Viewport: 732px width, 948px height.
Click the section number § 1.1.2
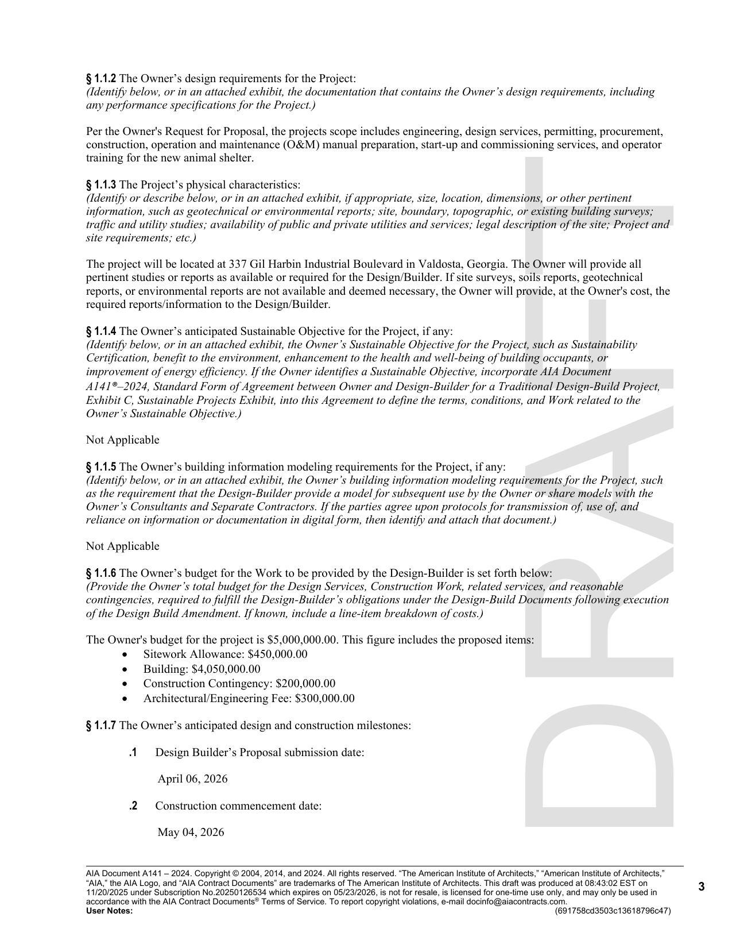click(101, 79)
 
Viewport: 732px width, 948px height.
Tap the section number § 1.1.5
click(101, 467)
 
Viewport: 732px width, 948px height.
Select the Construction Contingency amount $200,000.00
click(305, 684)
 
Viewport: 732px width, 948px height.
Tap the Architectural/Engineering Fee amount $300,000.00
click(324, 699)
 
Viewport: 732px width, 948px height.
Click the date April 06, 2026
click(192, 779)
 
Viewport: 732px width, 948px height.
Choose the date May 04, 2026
click(191, 833)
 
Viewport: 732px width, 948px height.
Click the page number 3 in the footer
click(701, 887)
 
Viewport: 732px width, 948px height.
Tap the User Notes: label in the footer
click(109, 911)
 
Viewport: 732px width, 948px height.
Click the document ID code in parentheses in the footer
click(613, 911)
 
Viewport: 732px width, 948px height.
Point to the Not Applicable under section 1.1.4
click(122, 440)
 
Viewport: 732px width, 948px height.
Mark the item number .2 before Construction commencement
click(133, 806)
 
